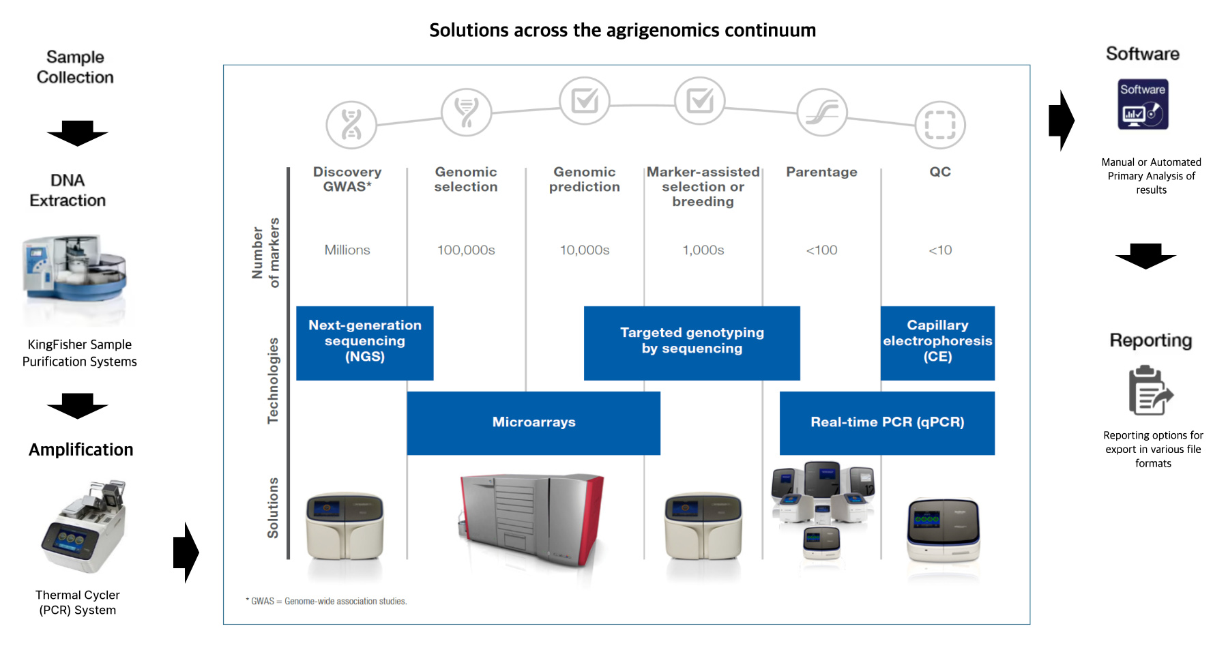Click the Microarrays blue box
pyautogui.click(x=533, y=422)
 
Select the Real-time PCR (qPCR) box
pyautogui.click(x=887, y=422)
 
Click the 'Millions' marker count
pyautogui.click(x=347, y=250)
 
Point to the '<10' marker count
pyautogui.click(x=940, y=250)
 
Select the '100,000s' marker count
pyautogui.click(x=466, y=250)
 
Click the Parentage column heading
pyautogui.click(x=821, y=172)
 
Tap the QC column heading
pyautogui.click(x=940, y=172)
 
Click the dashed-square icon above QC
pyautogui.click(x=940, y=125)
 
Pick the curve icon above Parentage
pyautogui.click(x=822, y=113)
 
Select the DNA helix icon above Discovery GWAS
pyautogui.click(x=351, y=125)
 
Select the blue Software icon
pyautogui.click(x=1143, y=106)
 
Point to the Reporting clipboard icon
pyautogui.click(x=1151, y=391)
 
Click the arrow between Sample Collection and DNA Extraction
pyautogui.click(x=77, y=133)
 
